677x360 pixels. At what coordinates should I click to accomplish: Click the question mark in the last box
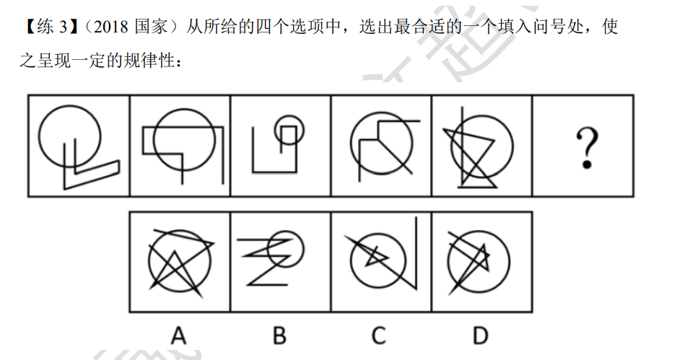tap(587, 148)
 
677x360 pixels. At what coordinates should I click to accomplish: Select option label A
tap(179, 335)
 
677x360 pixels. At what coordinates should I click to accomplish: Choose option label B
tap(280, 335)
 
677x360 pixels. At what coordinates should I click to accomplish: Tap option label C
tap(379, 335)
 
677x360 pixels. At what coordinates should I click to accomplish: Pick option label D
tap(481, 335)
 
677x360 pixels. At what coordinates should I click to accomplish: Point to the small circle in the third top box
tap(289, 115)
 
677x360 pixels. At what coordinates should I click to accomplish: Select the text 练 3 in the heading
tap(52, 27)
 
